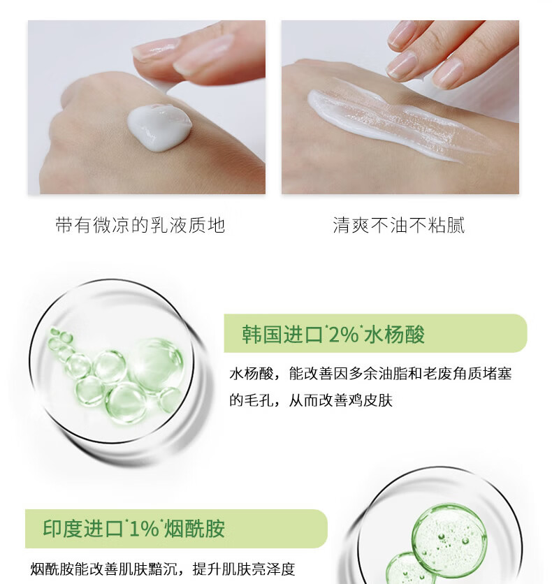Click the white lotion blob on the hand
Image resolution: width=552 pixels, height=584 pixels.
tap(159, 126)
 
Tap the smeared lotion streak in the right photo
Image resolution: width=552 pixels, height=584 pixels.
tap(391, 122)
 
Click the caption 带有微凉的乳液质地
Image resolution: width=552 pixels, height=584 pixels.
tap(140, 225)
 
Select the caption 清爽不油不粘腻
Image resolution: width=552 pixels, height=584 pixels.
tap(399, 225)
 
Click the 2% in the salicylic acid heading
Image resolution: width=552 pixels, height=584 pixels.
tap(342, 335)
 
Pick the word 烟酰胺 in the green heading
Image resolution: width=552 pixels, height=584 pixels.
tap(196, 528)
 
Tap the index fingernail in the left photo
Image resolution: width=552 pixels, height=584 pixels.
tap(154, 49)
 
